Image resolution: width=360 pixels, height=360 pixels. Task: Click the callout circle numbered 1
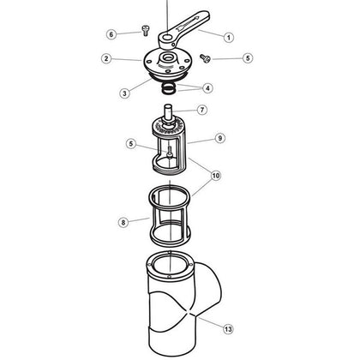229,37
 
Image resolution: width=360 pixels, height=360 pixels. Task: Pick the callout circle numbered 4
207,88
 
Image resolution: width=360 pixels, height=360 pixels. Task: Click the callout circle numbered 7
202,110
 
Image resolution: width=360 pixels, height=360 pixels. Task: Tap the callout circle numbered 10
215,175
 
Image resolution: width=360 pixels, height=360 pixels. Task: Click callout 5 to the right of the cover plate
249,59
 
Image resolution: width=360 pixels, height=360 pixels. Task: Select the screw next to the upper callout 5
207,57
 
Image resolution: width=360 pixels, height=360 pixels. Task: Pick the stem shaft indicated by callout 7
169,111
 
